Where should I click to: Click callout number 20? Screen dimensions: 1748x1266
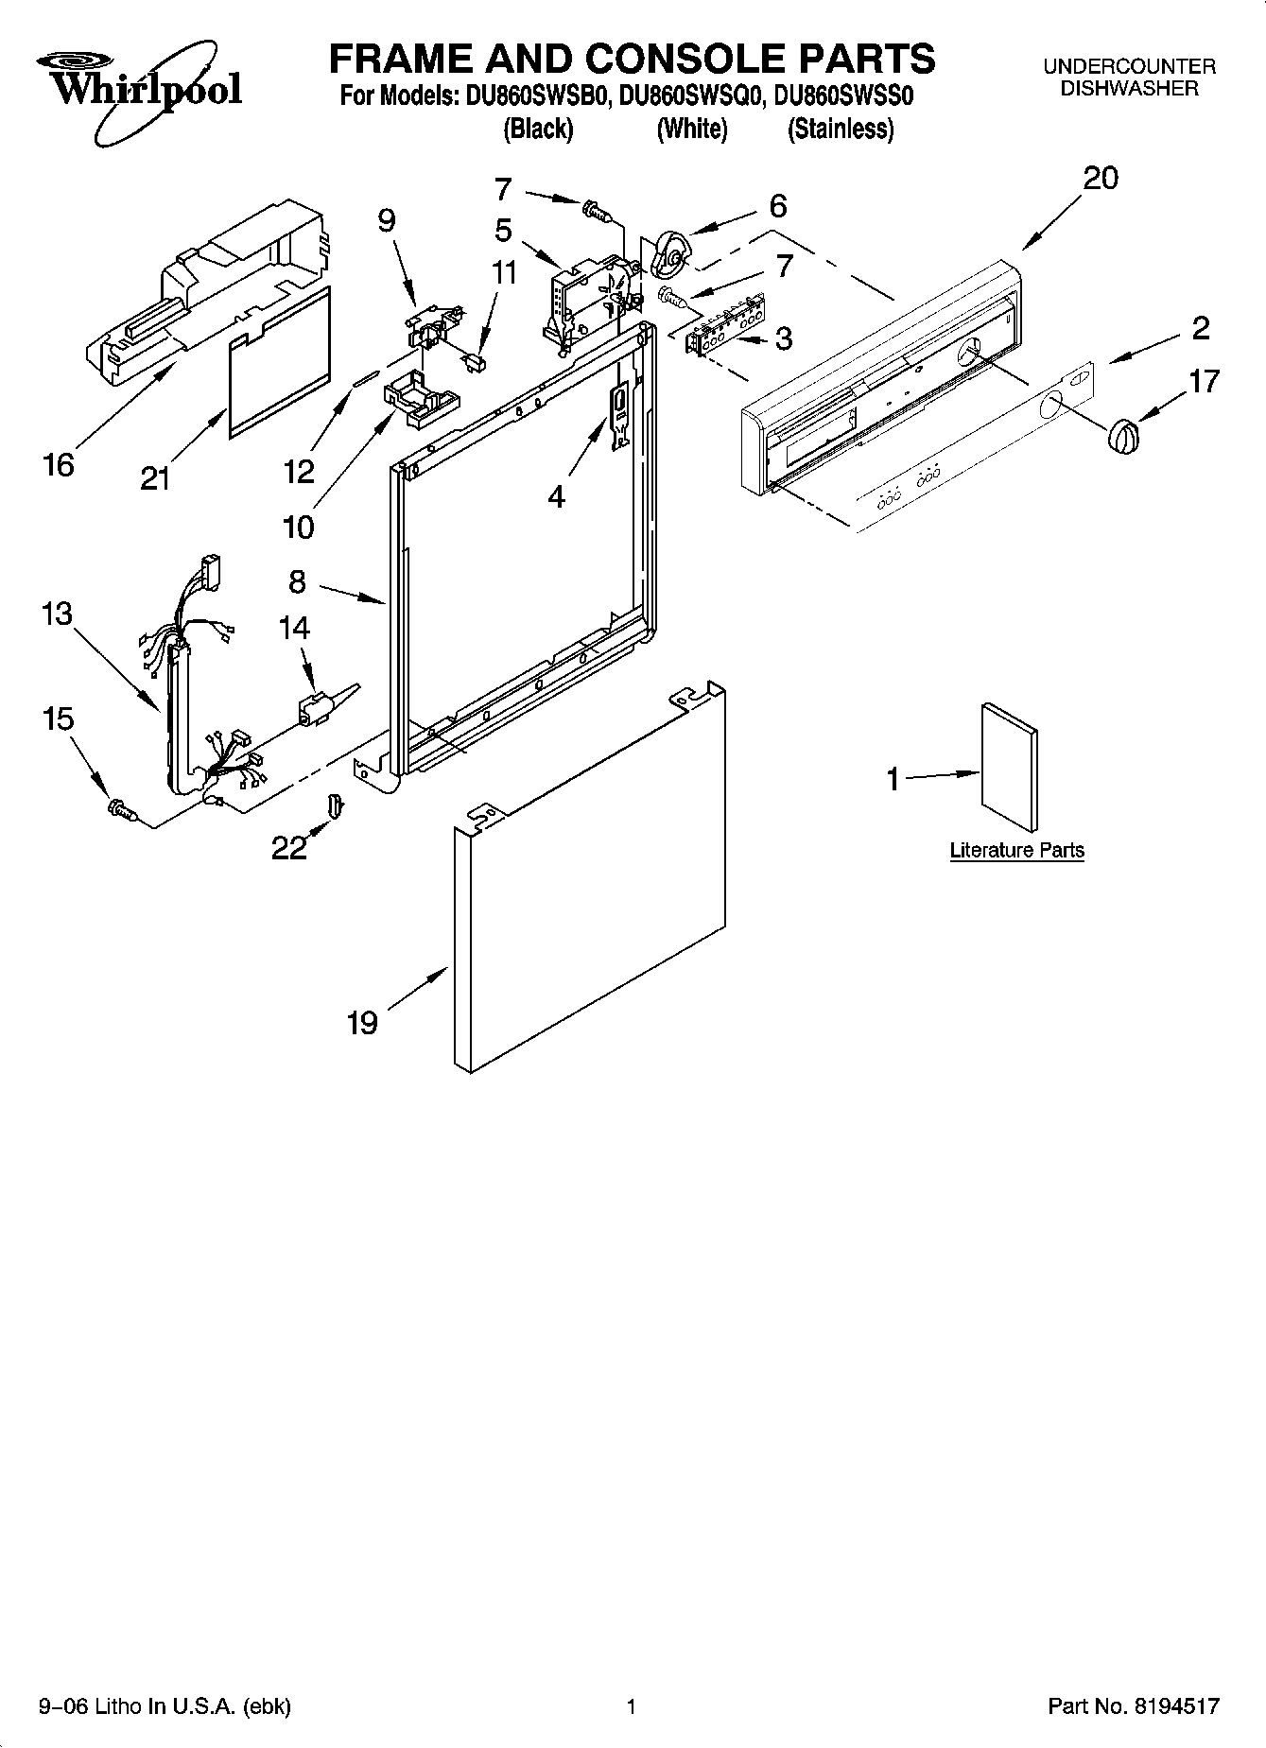(x=1100, y=178)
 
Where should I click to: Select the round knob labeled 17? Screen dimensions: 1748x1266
(x=1123, y=437)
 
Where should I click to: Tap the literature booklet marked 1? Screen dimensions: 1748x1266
(x=1009, y=760)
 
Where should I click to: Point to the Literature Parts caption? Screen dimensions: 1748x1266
(x=1016, y=850)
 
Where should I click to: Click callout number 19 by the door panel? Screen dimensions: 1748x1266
(x=362, y=1022)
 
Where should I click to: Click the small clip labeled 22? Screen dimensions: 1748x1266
(x=335, y=805)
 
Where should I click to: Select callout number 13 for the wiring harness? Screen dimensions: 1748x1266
(x=57, y=614)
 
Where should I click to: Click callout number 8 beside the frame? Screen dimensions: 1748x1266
(x=297, y=581)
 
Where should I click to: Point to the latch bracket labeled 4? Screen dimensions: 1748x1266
(x=619, y=412)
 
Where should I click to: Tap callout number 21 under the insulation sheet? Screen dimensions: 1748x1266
(x=155, y=478)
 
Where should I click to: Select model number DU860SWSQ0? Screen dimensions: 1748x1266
(x=692, y=96)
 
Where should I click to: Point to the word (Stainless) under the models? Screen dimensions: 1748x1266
(x=840, y=129)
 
